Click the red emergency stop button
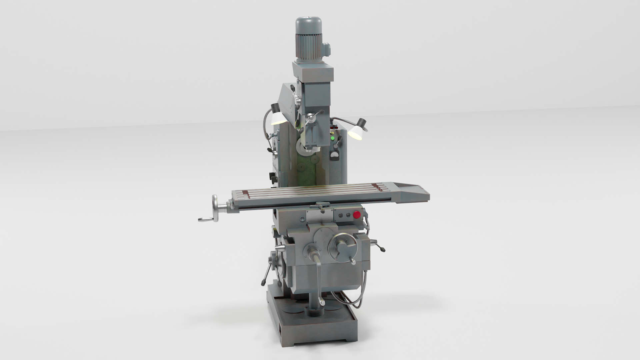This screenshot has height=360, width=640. pos(356,215)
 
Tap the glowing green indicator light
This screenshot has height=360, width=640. pos(332,138)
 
